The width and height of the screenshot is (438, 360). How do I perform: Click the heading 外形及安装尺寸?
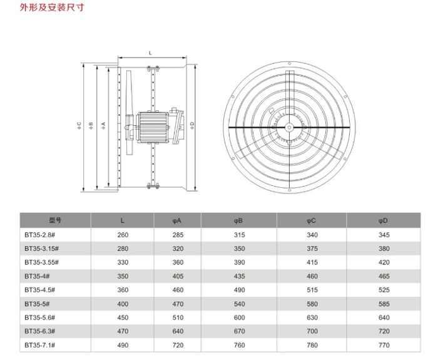tap(52, 7)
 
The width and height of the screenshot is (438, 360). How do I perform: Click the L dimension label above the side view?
tap(151, 53)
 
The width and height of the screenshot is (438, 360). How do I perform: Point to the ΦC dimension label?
tap(79, 125)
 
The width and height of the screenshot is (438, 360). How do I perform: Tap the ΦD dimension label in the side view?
tap(192, 125)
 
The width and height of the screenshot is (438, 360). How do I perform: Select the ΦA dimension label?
tap(103, 125)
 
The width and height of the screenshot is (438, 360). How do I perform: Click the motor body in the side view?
tap(153, 127)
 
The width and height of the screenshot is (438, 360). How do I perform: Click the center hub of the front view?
tap(289, 128)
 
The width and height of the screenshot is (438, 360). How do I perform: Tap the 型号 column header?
tap(55, 220)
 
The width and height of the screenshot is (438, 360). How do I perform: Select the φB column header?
tap(238, 221)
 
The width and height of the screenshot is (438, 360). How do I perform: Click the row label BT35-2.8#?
tap(39, 235)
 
